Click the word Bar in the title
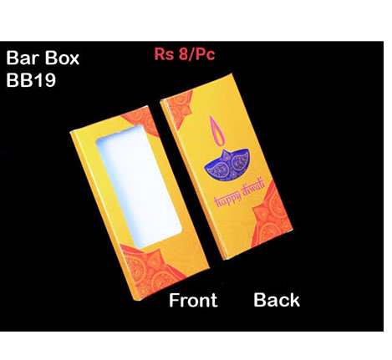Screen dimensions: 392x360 (x=23, y=58)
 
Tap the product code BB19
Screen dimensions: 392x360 (x=31, y=80)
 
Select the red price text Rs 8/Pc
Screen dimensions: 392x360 (x=185, y=53)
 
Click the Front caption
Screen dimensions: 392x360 (x=193, y=300)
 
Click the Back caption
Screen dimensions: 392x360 (x=277, y=300)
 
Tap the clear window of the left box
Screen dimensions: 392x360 (x=139, y=186)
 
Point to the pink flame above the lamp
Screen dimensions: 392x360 (x=217, y=131)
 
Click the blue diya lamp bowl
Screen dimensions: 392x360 (x=227, y=165)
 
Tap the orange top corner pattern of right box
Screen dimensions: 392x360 (x=180, y=108)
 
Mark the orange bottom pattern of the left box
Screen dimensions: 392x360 (x=148, y=270)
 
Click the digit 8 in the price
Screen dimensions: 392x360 (x=183, y=53)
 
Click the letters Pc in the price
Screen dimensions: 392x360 (x=205, y=54)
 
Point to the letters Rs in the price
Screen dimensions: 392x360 (x=165, y=54)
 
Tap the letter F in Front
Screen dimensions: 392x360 (x=174, y=300)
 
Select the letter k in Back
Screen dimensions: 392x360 (x=294, y=300)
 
